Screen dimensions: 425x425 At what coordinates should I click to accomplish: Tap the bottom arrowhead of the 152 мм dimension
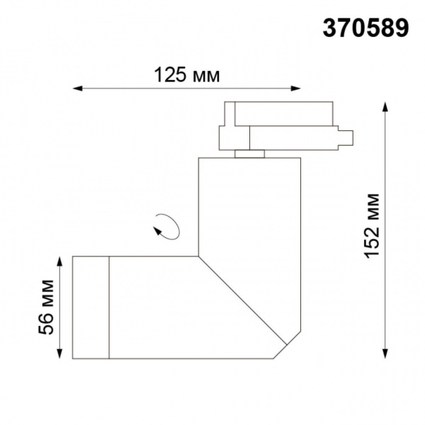point(385,354)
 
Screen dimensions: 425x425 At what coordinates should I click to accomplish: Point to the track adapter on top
point(283,127)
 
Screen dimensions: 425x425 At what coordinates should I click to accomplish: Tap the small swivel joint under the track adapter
point(249,153)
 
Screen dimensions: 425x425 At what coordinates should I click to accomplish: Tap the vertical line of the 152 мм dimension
point(385,283)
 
